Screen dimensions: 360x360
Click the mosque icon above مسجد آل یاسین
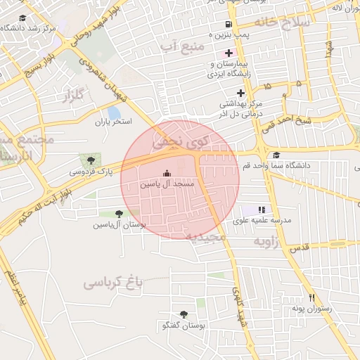(166, 173)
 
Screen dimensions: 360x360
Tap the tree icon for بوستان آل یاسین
(119, 214)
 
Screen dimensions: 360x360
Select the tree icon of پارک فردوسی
(87, 160)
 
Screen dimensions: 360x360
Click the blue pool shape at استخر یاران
(114, 112)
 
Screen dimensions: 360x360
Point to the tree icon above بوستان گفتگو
(184, 314)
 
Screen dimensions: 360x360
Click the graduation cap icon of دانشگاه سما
(276, 155)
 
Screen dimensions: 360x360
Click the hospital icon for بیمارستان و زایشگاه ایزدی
(229, 53)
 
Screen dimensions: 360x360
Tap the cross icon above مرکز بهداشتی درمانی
(241, 93)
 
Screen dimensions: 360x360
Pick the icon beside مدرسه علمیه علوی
(262, 210)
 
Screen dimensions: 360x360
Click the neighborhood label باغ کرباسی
(112, 283)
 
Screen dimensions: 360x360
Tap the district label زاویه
(267, 243)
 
